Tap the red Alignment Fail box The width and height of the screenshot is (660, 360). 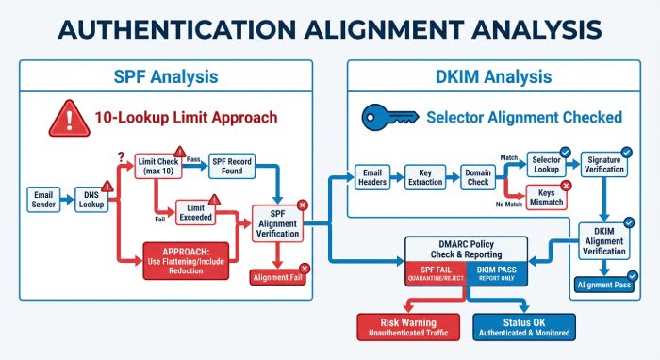277,277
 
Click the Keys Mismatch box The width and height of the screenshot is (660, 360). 545,199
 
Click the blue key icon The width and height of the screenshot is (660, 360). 387,119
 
